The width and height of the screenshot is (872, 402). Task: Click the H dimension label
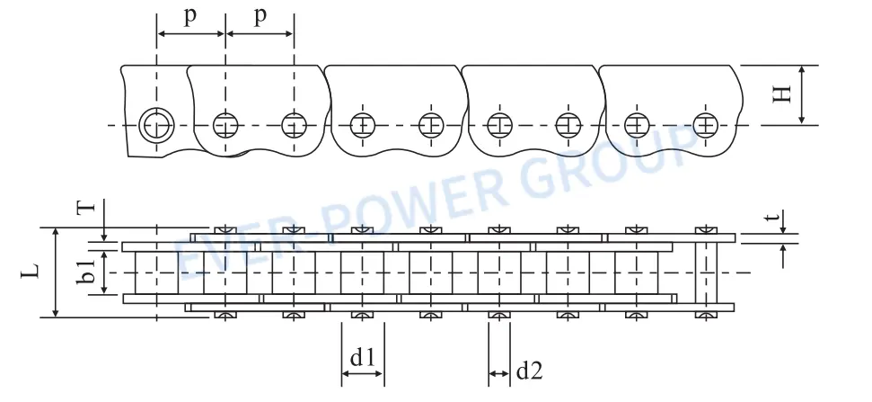782,93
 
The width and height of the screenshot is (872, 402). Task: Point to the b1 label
87,272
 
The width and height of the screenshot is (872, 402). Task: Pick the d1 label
363,357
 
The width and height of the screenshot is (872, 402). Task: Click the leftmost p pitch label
190,17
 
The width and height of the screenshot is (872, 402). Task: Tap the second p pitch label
260,17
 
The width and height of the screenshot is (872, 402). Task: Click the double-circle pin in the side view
156,124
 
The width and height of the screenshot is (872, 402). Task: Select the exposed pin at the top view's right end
707,272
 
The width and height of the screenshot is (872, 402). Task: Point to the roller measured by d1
363,272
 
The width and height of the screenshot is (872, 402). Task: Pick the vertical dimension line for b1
105,272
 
